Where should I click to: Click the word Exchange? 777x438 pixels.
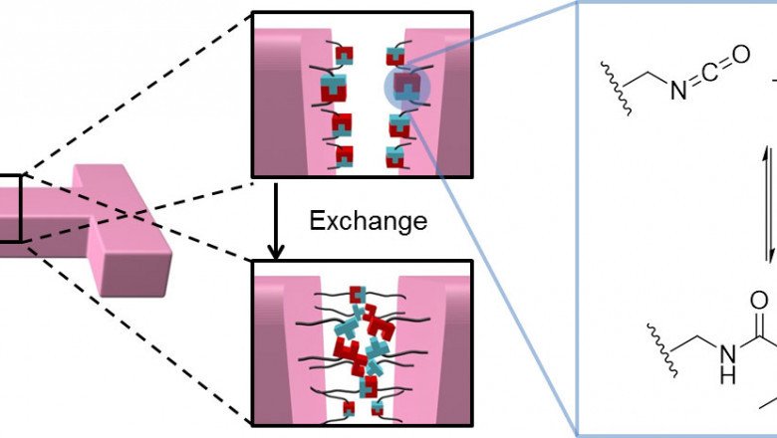tap(369, 219)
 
